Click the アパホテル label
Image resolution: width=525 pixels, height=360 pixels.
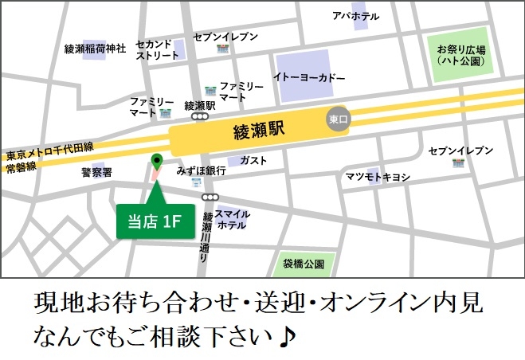356,16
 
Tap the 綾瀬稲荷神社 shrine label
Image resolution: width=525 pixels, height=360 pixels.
96,49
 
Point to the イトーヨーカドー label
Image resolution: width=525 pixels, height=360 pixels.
309,78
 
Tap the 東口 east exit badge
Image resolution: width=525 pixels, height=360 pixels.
339,119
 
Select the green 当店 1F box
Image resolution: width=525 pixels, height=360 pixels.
155,221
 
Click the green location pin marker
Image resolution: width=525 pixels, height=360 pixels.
156,161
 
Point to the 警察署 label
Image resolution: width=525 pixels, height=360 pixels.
96,171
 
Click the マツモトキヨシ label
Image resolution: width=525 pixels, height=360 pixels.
378,177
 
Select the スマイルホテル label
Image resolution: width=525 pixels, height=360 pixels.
233,219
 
